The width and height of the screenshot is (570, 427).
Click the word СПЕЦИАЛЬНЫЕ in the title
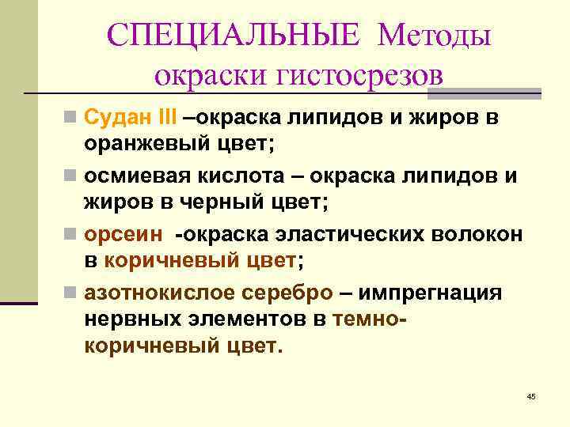(233, 35)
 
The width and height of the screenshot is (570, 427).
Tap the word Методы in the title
(435, 35)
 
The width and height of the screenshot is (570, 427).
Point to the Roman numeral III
(169, 119)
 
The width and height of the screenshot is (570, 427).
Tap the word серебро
(288, 292)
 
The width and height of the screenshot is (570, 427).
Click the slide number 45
(530, 395)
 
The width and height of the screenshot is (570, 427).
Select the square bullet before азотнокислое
(71, 293)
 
